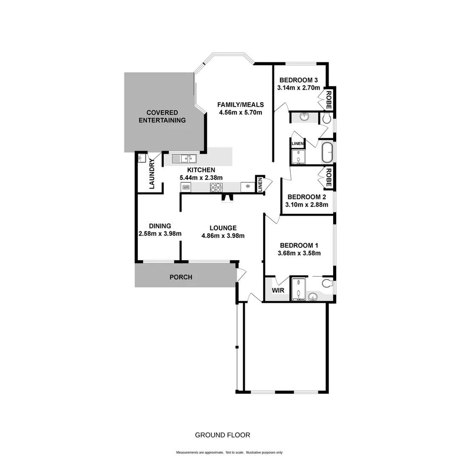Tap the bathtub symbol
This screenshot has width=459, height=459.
pos(326,153)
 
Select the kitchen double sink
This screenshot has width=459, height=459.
pos(184,159)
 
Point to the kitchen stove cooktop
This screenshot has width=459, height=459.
pos(216,187)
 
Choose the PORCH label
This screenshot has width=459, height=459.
pos(181,277)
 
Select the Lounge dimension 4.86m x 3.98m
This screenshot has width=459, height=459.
pos(223,235)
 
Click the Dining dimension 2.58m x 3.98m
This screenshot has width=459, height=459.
pos(160,233)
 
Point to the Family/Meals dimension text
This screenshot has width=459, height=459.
pos(240,112)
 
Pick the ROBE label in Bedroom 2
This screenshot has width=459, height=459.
pos(329,178)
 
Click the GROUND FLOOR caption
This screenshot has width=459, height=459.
pos(222,435)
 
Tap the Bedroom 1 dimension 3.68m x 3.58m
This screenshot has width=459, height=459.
pos(299,253)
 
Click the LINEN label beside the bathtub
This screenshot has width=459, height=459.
pos(297,144)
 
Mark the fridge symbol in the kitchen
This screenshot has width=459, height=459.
pos(248,187)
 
